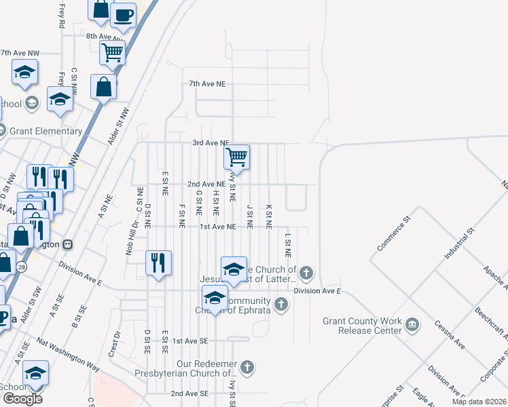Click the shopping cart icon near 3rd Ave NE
pyautogui.click(x=236, y=157)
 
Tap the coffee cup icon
pyautogui.click(x=123, y=15)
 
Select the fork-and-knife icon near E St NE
pyautogui.click(x=158, y=263)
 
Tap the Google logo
pyautogui.click(x=22, y=399)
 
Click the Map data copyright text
pyautogui.click(x=478, y=402)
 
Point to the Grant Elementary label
pyautogui.click(x=46, y=131)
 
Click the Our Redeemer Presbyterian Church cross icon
pyautogui.click(x=248, y=367)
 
